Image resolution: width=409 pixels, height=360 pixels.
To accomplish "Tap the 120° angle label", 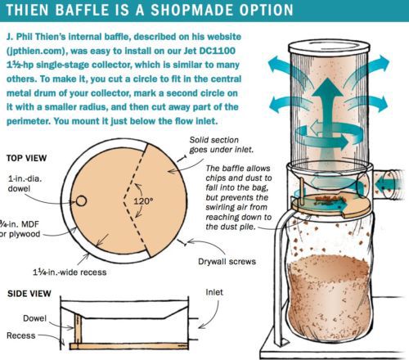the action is (143, 201).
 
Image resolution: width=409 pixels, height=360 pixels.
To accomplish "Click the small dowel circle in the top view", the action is (81, 201).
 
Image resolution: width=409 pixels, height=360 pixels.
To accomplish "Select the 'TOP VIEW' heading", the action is (26, 158).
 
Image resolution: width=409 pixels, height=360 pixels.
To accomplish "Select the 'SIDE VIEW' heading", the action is (29, 294).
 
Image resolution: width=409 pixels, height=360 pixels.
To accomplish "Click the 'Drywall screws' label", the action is (227, 262).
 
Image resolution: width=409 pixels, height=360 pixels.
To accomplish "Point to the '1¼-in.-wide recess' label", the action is (70, 272).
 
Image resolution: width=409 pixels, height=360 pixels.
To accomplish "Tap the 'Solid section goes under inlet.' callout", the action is (221, 145).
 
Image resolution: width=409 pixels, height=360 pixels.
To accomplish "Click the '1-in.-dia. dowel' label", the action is (25, 183).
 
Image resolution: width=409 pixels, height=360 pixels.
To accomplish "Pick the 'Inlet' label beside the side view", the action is (214, 292).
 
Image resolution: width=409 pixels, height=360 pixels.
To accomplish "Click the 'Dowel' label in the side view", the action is (34, 318).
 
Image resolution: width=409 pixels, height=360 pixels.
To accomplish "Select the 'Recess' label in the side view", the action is (21, 335).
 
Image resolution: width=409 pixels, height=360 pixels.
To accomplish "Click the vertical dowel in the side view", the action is (78, 328).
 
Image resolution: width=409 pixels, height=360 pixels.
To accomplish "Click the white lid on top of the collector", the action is (330, 47).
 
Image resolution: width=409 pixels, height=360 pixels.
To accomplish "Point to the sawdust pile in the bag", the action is (330, 296).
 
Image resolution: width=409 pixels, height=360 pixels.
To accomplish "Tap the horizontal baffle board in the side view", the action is (129, 346).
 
